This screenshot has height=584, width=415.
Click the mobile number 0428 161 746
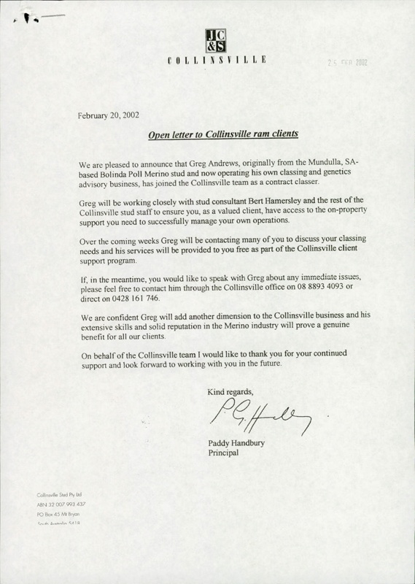133,299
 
